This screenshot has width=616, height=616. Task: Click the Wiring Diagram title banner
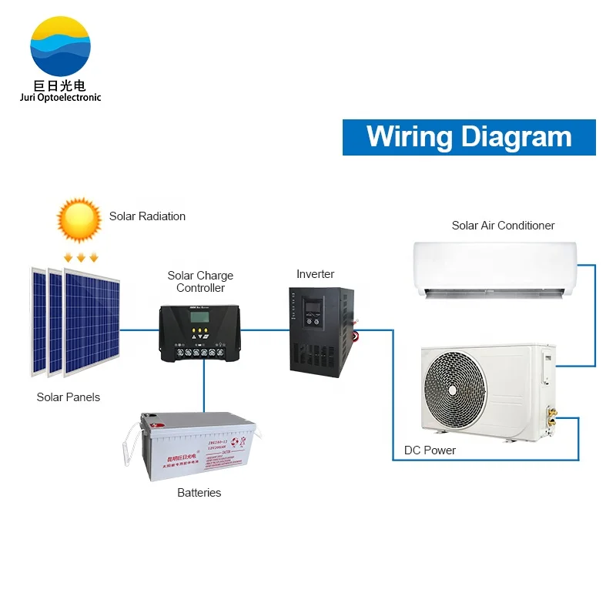[x=469, y=137]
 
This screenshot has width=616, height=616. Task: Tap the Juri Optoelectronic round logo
[x=60, y=46]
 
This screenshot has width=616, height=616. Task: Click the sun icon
[x=79, y=220]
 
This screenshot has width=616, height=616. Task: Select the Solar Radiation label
[x=147, y=216]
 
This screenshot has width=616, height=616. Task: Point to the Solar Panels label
[x=69, y=397]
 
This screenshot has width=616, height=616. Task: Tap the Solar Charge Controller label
[x=200, y=282]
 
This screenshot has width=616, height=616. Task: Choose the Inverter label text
[x=316, y=274]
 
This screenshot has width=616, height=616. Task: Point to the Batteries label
[x=199, y=493]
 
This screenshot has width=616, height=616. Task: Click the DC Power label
[x=430, y=450]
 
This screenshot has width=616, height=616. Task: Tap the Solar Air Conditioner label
[x=503, y=226]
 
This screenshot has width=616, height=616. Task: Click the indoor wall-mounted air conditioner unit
[x=494, y=269]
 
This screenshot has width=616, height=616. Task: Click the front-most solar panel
[x=93, y=322]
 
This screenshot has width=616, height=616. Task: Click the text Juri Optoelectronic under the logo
[x=60, y=98]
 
